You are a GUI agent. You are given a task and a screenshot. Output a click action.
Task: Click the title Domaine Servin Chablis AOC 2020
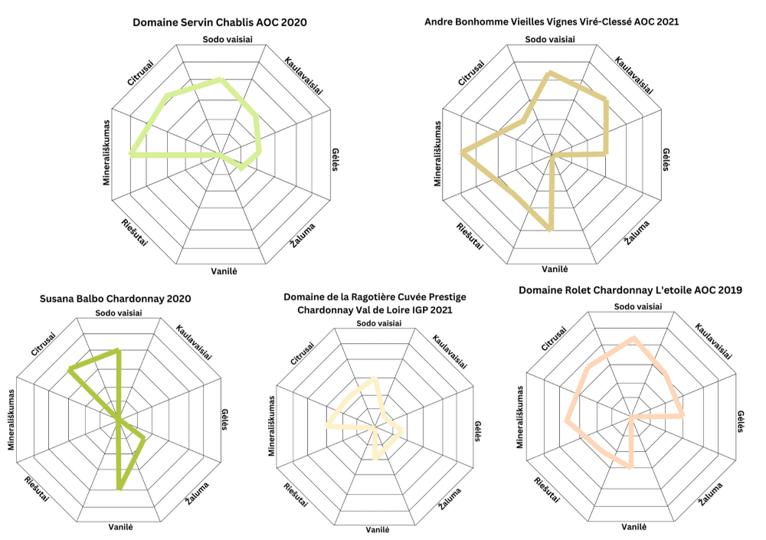[220, 22]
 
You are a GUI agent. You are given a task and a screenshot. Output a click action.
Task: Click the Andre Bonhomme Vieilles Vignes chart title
[552, 22]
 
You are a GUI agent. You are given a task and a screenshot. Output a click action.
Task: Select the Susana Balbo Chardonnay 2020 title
[115, 299]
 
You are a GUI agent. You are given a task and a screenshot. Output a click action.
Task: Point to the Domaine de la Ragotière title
[375, 303]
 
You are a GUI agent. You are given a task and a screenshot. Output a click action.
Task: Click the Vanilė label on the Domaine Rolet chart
[633, 527]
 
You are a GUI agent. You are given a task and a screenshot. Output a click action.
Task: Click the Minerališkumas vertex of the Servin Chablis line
[131, 155]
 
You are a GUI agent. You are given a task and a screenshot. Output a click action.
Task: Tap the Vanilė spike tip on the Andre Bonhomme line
[551, 228]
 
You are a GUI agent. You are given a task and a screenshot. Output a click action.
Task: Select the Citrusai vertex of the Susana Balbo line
[70, 369]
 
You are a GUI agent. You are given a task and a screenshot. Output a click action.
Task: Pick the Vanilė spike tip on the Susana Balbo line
[119, 486]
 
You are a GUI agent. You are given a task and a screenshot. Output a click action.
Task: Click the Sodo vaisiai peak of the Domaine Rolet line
[633, 338]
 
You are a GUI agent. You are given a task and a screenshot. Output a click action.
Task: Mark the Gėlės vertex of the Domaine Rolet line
[683, 416]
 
